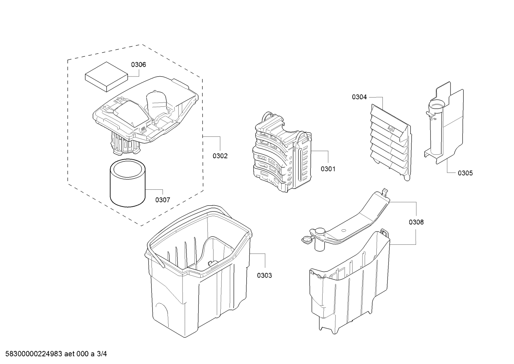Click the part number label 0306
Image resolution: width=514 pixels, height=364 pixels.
[x=138, y=65]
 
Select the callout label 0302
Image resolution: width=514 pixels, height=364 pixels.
[x=220, y=156]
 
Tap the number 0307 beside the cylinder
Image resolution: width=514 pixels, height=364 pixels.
[x=163, y=200]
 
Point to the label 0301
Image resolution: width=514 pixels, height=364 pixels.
[x=328, y=169]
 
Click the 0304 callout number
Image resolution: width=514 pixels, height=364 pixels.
[x=359, y=97]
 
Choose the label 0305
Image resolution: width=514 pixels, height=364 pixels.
[x=466, y=173]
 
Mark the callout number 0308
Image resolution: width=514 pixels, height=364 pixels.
[x=416, y=222]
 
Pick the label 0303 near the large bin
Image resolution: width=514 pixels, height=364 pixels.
[x=264, y=275]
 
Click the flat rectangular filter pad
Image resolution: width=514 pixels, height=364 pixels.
[x=106, y=77]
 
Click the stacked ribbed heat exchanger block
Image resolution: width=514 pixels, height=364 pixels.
[x=282, y=152]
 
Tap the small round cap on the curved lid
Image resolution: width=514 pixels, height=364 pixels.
[x=307, y=240]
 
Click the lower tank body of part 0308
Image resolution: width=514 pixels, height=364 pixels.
[x=349, y=283]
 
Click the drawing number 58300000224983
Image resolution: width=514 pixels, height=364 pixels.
[x=34, y=354]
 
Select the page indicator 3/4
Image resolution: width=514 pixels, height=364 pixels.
[x=102, y=354]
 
